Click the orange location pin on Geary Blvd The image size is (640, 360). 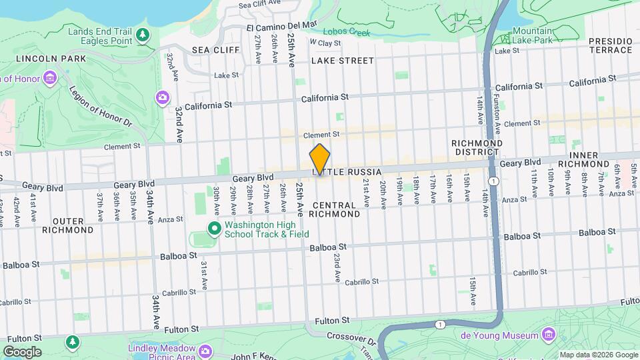320,160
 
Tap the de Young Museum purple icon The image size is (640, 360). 549,333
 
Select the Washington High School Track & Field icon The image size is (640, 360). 214,229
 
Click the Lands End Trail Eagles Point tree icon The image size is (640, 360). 142,34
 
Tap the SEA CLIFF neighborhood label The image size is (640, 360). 210,50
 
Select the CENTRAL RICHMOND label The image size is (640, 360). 336,209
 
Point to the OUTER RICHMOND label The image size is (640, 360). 68,225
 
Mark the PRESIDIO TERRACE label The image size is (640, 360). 610,45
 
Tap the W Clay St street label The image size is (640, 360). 325,43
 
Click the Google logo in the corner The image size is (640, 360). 22,351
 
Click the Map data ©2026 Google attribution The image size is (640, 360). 598,355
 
